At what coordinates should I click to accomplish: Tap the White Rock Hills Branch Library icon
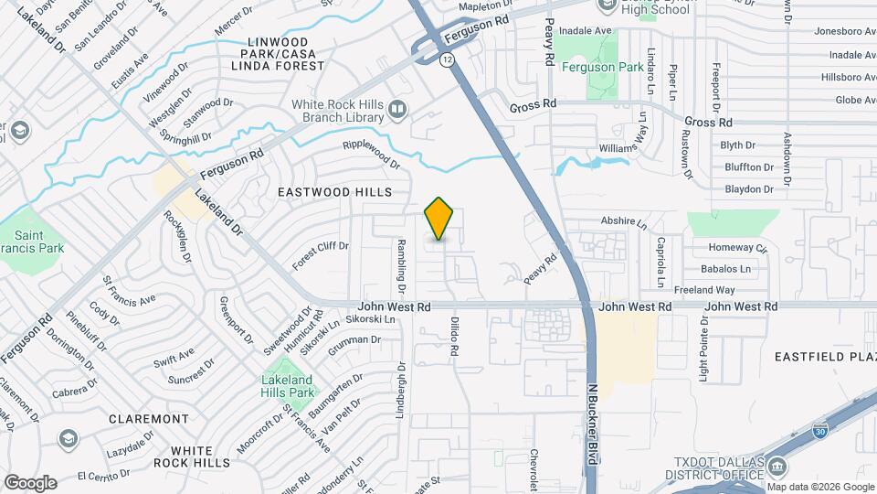(x=396, y=111)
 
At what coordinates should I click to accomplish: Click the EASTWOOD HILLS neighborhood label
(x=348, y=192)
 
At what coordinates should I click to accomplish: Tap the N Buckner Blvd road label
(x=591, y=424)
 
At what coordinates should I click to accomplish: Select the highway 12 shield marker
(x=446, y=59)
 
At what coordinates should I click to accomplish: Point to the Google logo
(x=30, y=482)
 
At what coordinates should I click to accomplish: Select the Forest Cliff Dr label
(x=321, y=255)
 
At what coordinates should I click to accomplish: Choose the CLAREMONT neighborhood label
(x=148, y=418)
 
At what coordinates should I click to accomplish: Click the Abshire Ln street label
(x=624, y=222)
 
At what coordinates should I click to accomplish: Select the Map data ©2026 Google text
(x=819, y=486)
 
